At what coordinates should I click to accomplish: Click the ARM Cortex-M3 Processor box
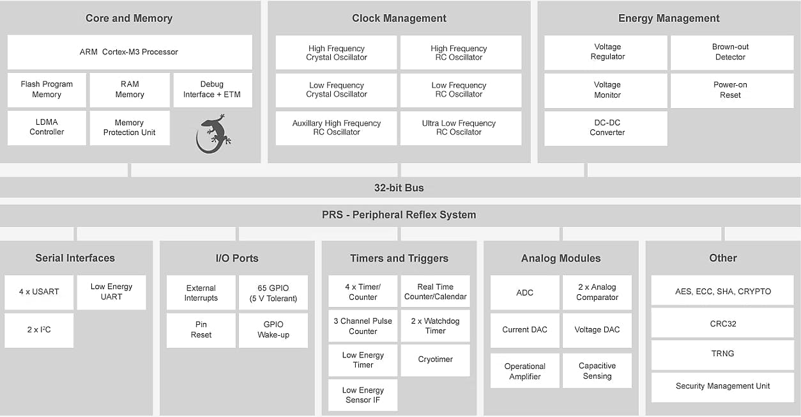(x=129, y=52)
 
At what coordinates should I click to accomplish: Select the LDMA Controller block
(x=47, y=127)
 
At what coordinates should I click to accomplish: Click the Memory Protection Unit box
(x=130, y=127)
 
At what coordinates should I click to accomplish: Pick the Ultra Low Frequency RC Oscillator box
(x=460, y=128)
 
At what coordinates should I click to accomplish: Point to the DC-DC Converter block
(x=606, y=128)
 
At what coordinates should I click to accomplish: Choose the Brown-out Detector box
(x=730, y=52)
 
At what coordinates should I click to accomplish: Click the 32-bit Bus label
(x=399, y=188)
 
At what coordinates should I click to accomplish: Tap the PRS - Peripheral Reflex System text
(x=399, y=215)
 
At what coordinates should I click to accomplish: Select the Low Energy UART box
(x=111, y=292)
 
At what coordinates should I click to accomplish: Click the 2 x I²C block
(x=39, y=329)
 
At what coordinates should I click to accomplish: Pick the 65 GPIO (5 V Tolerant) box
(x=273, y=293)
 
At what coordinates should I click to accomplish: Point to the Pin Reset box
(x=201, y=329)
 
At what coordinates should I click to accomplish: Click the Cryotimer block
(x=436, y=359)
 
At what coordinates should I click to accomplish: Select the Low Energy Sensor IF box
(x=363, y=395)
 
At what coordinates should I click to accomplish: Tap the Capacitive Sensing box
(x=597, y=371)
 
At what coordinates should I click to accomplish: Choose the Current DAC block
(x=525, y=330)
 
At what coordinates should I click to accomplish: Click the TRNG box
(x=722, y=354)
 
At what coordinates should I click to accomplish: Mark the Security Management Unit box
(x=722, y=386)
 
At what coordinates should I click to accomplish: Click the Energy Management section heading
(x=668, y=19)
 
